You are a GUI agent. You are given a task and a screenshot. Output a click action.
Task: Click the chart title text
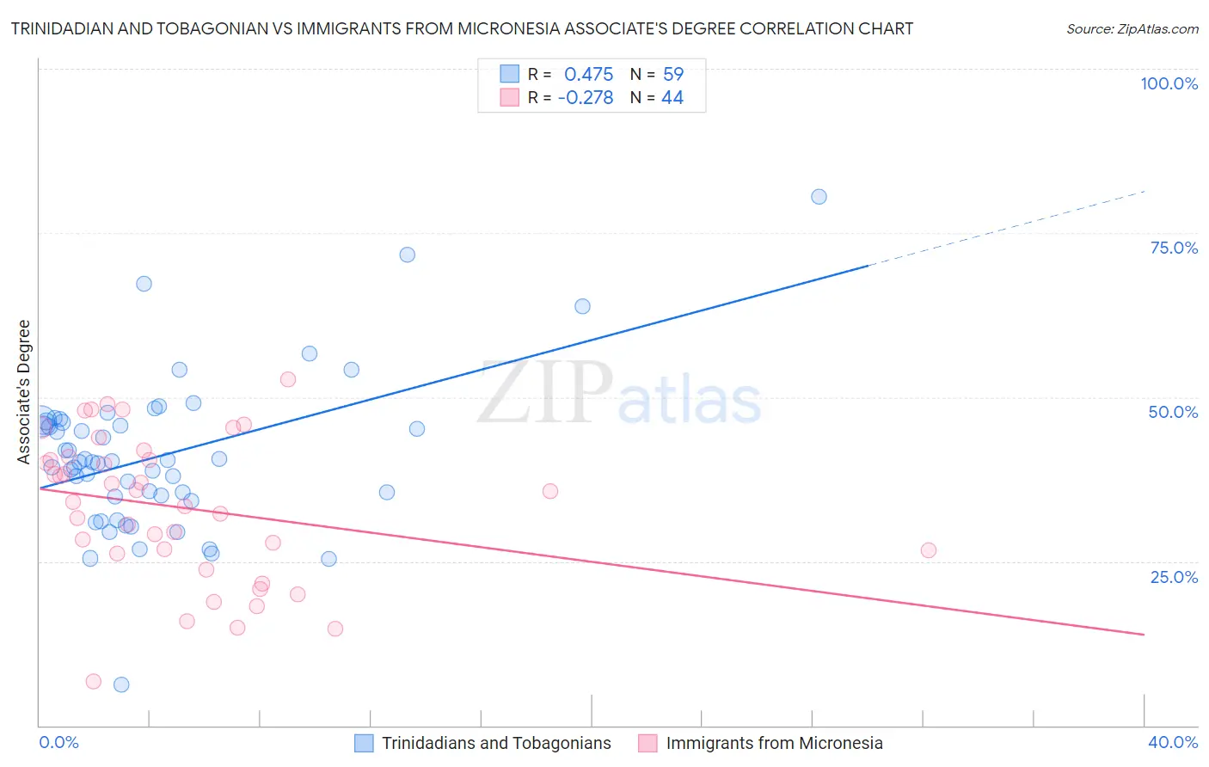click(x=462, y=28)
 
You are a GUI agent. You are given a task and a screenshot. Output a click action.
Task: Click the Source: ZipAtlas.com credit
click(x=1132, y=28)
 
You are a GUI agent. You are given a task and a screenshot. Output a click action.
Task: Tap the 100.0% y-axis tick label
click(x=1169, y=83)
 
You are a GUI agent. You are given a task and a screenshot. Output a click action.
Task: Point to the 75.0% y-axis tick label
click(x=1174, y=248)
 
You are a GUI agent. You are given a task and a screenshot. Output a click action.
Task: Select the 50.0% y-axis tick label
click(x=1173, y=412)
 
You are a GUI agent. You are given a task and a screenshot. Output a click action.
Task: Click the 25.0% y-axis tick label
click(x=1174, y=576)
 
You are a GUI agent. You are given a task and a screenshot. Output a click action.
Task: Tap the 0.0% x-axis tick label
click(x=58, y=742)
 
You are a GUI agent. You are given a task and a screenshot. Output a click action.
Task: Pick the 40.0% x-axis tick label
click(x=1172, y=742)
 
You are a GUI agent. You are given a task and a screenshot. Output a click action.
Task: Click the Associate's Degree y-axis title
click(x=24, y=391)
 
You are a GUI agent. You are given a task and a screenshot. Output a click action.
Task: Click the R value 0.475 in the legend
click(x=588, y=74)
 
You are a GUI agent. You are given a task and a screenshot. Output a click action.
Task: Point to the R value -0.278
click(x=585, y=97)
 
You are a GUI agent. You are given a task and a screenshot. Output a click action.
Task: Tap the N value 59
click(x=672, y=74)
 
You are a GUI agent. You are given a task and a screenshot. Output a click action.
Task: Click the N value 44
click(x=672, y=97)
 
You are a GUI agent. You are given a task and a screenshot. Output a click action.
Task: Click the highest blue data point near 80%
click(x=819, y=197)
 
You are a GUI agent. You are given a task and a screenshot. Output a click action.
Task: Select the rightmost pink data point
click(x=928, y=550)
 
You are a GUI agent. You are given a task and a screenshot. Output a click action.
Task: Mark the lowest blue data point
click(x=121, y=684)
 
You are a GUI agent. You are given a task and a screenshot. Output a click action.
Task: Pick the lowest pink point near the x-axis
click(x=94, y=681)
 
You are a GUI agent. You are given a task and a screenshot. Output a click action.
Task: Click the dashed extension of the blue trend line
click(x=1006, y=228)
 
